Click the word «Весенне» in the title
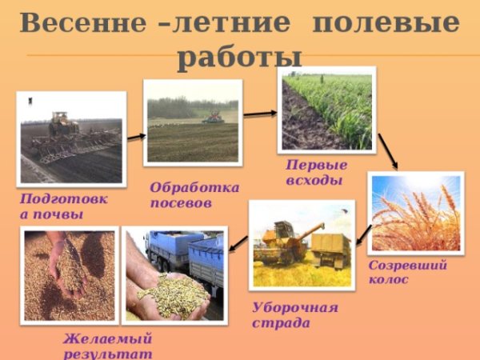pos(77,22)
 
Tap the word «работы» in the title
pos(240,57)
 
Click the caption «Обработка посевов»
pos(194,194)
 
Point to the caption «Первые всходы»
pos(317,172)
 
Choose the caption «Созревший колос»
pos(407,272)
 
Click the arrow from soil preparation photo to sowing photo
pos(136,137)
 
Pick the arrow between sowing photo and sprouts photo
pos(259,114)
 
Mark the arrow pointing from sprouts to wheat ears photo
pos(388,151)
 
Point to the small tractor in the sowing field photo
pos(214,117)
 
